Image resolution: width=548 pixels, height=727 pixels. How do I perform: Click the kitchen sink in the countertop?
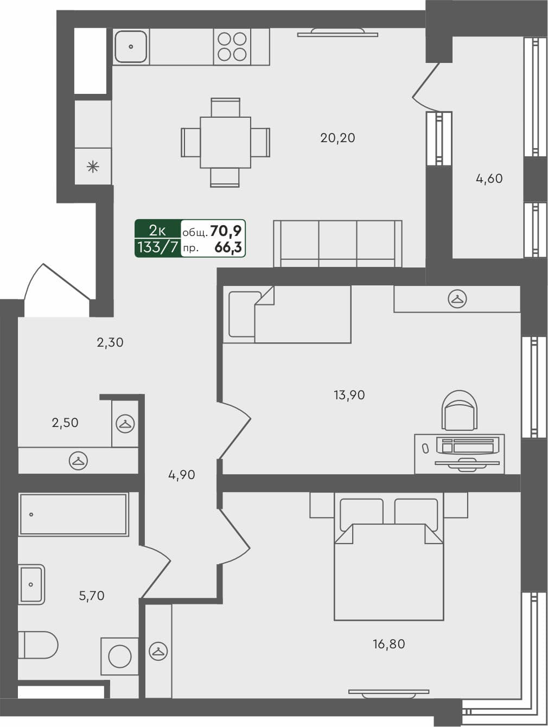pos(131,47)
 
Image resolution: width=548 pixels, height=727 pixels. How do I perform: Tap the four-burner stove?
pos(232,47)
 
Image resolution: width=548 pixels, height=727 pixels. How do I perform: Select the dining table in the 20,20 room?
pos(225,142)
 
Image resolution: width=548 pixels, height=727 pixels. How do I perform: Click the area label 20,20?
pos(337,138)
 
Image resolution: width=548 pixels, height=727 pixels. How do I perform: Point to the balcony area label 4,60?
pos(489,178)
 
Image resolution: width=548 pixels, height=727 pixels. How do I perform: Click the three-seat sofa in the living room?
pos(337,244)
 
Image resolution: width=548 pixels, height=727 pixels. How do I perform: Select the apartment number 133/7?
pos(157,248)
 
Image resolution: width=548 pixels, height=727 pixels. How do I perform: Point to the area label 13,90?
pos(349,395)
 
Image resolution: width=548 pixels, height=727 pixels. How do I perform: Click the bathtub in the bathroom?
pos(73,514)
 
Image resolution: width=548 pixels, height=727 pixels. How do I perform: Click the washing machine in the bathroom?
pos(119,656)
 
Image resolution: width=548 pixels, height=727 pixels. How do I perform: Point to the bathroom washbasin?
pos(31,584)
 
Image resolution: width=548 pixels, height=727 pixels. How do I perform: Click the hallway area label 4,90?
pos(181,475)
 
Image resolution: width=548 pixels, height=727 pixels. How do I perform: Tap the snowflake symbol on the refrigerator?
pos(93,167)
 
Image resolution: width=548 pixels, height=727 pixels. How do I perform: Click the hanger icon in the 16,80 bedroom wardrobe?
pos(158,651)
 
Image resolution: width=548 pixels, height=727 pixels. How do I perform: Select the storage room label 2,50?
pos(65,423)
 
